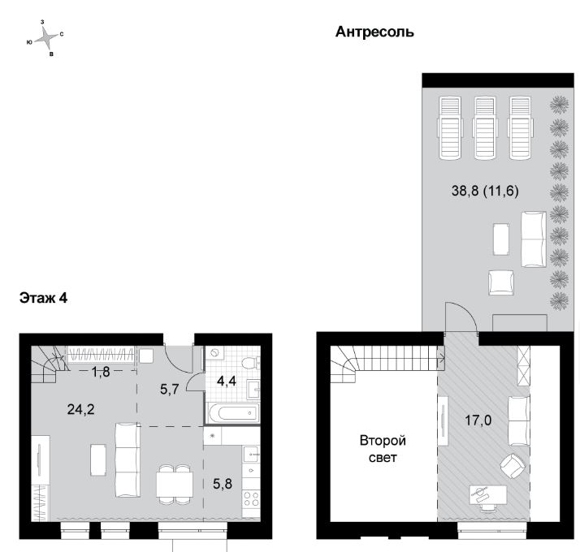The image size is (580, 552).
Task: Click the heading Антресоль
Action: click(x=374, y=32)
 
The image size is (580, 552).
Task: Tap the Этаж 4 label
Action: click(x=43, y=298)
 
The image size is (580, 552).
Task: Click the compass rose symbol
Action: click(x=46, y=38)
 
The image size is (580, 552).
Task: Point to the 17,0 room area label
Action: click(x=478, y=420)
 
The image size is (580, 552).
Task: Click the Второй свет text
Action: click(x=383, y=449)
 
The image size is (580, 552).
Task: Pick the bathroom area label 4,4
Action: click(x=227, y=381)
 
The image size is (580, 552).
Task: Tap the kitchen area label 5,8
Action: click(x=223, y=483)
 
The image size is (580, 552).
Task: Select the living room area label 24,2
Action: click(x=80, y=409)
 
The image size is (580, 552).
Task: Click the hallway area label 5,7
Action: click(x=170, y=389)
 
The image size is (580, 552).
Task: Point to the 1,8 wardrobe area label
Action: click(x=101, y=371)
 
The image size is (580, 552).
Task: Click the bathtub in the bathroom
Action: click(x=232, y=413)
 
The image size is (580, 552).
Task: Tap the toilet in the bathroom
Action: click(x=250, y=363)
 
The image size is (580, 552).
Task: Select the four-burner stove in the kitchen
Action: click(x=251, y=498)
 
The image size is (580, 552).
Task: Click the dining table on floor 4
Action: click(x=174, y=485)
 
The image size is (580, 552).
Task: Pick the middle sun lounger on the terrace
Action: click(x=485, y=128)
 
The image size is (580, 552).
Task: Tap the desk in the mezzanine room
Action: click(x=488, y=494)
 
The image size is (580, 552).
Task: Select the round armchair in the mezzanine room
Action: click(x=513, y=467)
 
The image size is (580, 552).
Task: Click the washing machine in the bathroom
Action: click(x=214, y=353)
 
